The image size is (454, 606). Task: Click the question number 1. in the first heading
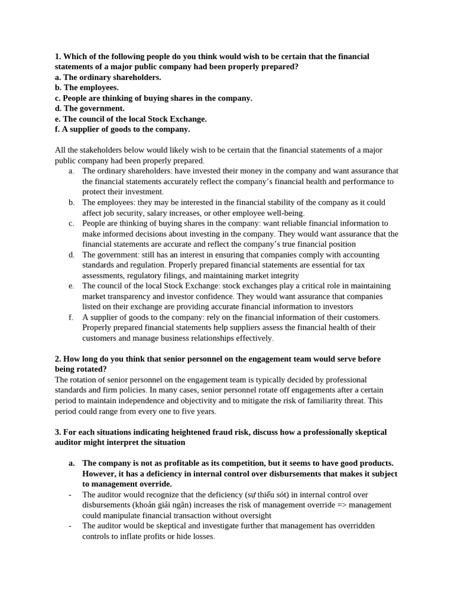(x=58, y=57)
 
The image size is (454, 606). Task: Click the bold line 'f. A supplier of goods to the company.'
(x=122, y=129)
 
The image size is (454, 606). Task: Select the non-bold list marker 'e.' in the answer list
(x=71, y=286)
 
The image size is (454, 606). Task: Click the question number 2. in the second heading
(x=58, y=359)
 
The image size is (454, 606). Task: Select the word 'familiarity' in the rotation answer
(x=326, y=401)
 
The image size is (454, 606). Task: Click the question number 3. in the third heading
(x=58, y=432)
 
